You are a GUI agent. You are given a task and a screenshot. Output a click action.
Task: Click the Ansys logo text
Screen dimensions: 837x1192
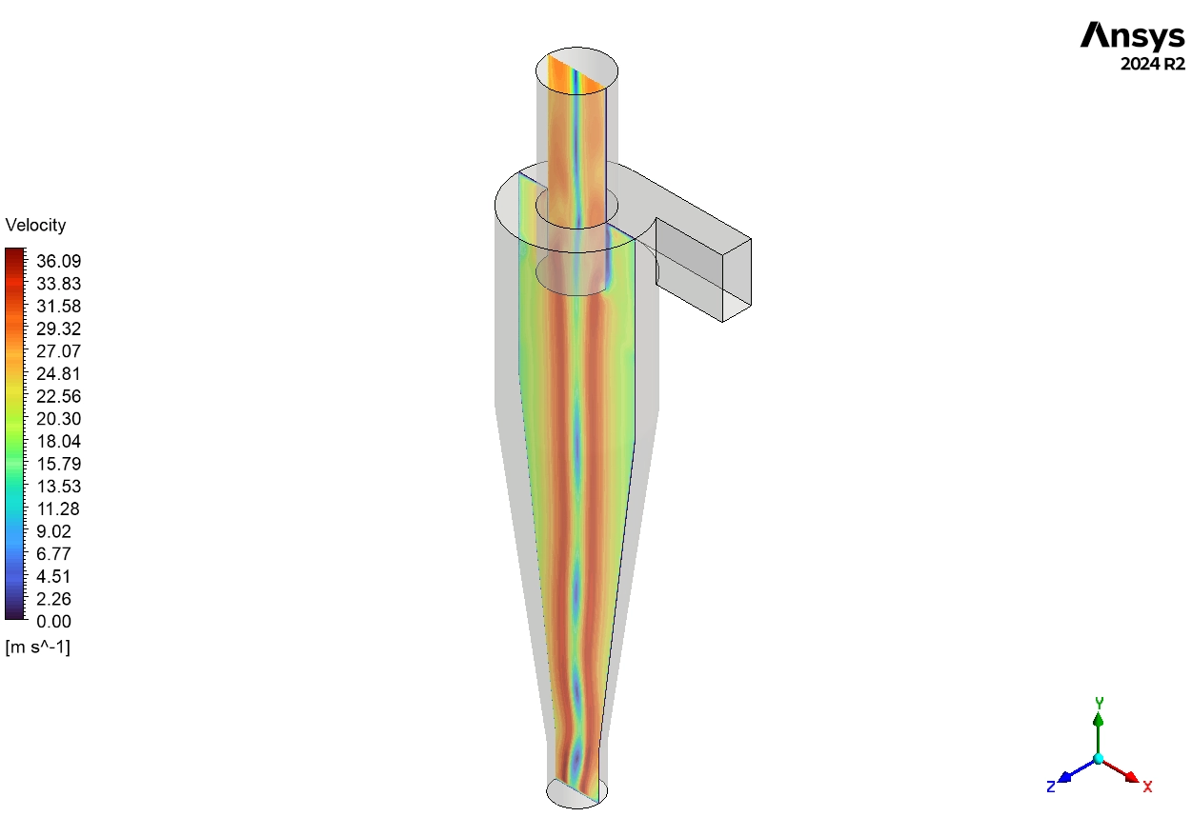(1132, 36)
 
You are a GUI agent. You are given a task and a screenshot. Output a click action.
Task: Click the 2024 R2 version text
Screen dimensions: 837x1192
(1152, 65)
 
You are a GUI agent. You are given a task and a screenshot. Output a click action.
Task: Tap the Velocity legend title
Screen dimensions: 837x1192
(35, 226)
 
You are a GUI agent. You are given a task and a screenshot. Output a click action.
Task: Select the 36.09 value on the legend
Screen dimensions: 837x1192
(58, 261)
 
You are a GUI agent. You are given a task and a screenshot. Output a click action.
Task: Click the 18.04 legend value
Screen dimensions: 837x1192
(58, 442)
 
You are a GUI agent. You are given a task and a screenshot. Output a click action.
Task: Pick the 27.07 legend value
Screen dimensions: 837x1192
(58, 351)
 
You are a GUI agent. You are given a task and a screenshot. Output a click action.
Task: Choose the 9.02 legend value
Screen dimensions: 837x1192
(53, 531)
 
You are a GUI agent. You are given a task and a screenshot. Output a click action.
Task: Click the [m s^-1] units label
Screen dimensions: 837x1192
(37, 648)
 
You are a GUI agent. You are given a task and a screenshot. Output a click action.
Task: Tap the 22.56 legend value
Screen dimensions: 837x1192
(58, 396)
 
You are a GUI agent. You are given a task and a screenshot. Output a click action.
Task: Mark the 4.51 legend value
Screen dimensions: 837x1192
(53, 576)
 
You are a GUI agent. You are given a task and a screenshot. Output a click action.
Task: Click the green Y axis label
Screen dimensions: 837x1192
(1099, 703)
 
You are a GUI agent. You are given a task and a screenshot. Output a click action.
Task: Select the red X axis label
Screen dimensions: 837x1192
(1147, 787)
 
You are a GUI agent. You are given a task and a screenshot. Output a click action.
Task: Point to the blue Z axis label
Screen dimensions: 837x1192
(1050, 787)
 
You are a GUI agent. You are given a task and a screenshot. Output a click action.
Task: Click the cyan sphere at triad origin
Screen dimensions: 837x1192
(1099, 758)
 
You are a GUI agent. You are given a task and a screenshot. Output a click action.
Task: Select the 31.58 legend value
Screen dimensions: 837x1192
(58, 307)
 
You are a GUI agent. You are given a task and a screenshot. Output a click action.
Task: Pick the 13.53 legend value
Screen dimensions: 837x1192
(58, 487)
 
